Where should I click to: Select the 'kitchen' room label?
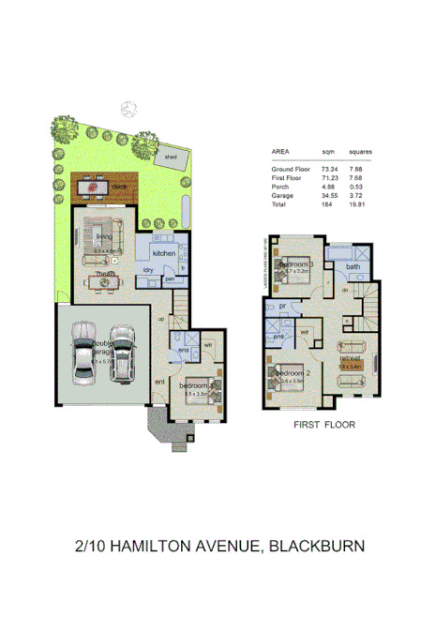(x=165, y=253)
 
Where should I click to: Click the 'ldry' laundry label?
(x=148, y=271)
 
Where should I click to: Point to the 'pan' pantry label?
(x=170, y=278)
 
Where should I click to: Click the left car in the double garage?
(x=83, y=353)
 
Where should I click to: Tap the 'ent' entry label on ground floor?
(x=159, y=382)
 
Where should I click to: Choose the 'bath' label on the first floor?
(x=353, y=267)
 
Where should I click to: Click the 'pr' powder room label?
(x=282, y=306)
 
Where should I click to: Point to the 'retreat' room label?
(x=352, y=357)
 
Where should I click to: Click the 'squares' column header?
(x=361, y=152)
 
